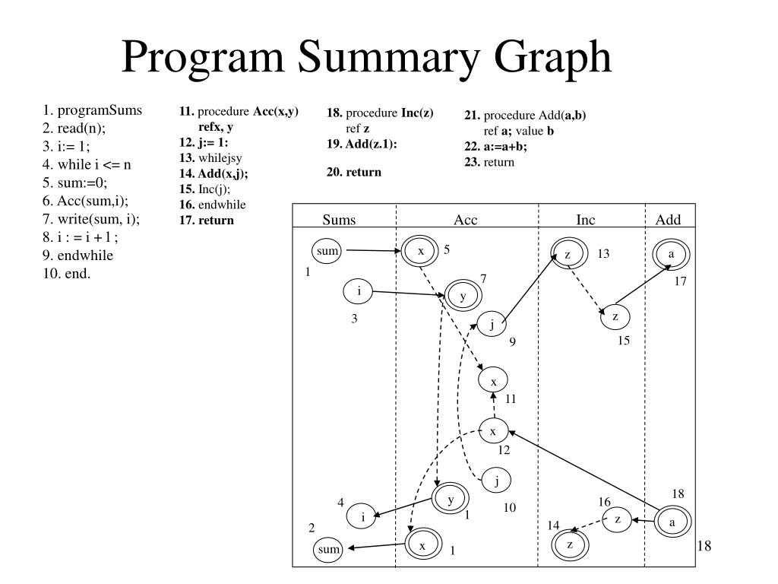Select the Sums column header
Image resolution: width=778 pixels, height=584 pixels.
pos(339,221)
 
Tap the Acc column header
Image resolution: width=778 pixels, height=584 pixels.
pos(466,221)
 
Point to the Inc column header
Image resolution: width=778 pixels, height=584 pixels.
pos(586,221)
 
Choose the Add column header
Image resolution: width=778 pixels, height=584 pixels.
pos(669,221)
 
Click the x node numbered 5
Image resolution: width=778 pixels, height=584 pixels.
pos(419,251)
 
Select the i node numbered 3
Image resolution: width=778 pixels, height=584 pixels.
pos(359,290)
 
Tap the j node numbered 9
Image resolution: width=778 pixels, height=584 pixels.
pos(492,325)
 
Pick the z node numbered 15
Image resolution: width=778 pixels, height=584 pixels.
pos(615,316)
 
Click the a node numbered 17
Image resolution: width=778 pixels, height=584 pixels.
pos(672,254)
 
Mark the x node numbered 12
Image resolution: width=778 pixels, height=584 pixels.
pos(493,431)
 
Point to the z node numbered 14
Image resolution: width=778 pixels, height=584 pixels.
pos(570,544)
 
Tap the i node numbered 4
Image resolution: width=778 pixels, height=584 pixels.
pos(363,517)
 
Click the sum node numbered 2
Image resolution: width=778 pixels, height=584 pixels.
pos(328,549)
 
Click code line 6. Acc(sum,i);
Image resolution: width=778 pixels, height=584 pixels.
pos(86,200)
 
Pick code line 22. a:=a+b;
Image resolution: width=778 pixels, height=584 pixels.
pos(495,147)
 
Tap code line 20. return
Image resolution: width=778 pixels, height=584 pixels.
pos(354,172)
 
